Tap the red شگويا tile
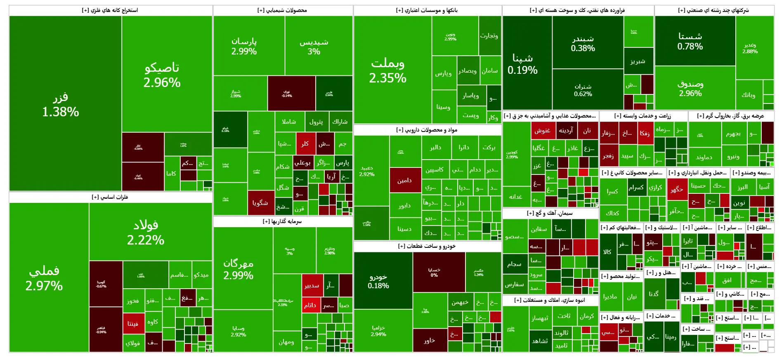tap(260, 202)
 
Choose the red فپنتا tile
tap(133, 323)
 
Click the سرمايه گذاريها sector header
tap(282, 221)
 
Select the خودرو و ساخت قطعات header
tap(427, 246)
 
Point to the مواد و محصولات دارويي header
tap(427, 130)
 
